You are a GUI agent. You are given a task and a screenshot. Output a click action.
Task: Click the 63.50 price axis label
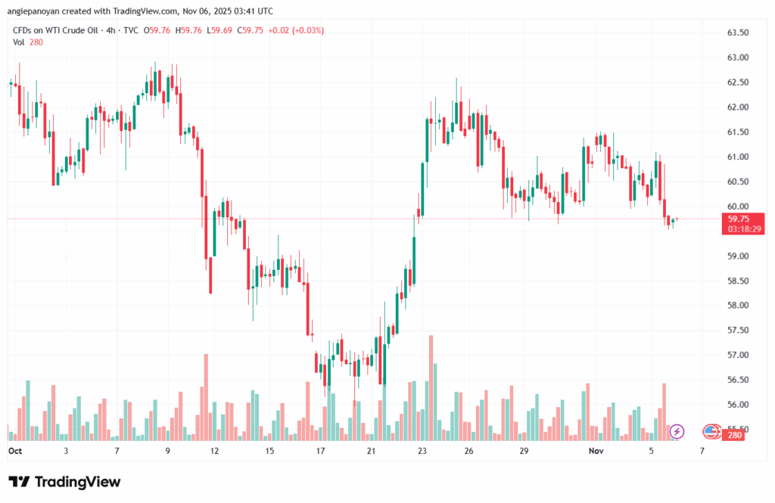coord(737,33)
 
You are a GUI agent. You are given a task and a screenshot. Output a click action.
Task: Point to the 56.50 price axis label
coord(737,380)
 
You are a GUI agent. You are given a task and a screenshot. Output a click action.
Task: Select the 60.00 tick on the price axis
coord(737,206)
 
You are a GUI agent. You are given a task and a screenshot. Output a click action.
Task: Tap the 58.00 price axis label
coord(737,306)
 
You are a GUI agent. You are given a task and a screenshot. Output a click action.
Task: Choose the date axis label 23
coord(422,451)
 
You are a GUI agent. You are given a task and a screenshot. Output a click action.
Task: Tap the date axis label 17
coord(320,451)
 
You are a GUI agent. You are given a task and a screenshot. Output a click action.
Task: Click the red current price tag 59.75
coord(738,219)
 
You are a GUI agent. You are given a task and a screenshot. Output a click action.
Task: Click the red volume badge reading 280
coord(734,436)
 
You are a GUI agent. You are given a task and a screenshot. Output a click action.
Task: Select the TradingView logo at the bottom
coord(64,482)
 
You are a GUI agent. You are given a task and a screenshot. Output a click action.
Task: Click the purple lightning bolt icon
coord(677,431)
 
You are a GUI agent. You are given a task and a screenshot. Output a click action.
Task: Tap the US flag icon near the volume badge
coord(710,431)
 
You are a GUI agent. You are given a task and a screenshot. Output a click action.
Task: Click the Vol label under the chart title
coord(19,42)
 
